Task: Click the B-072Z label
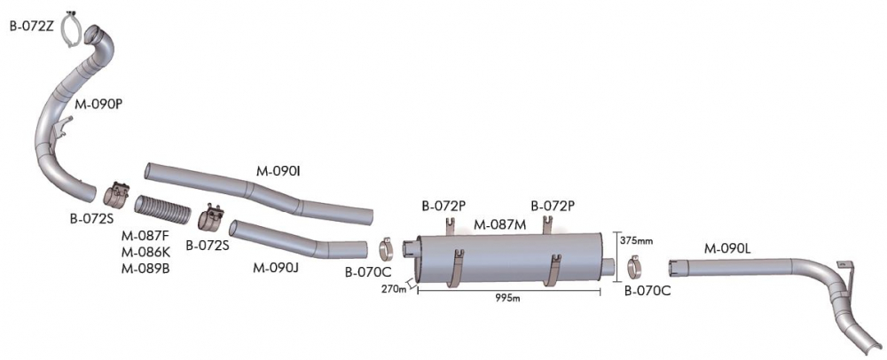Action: (x=31, y=27)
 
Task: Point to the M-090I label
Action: (x=277, y=172)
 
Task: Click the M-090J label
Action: (x=276, y=267)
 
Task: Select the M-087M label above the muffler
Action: (x=499, y=225)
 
